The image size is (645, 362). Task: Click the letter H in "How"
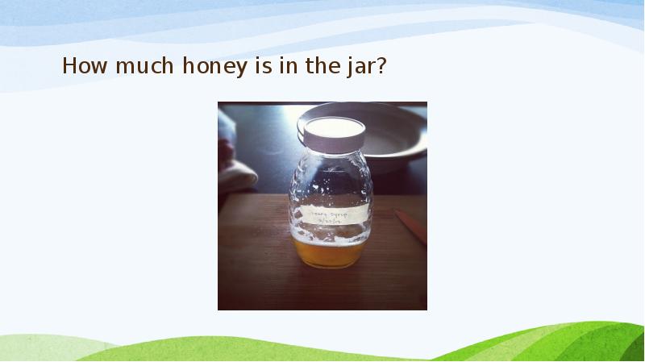pos(69,66)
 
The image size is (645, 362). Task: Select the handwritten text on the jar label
pos(332,214)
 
